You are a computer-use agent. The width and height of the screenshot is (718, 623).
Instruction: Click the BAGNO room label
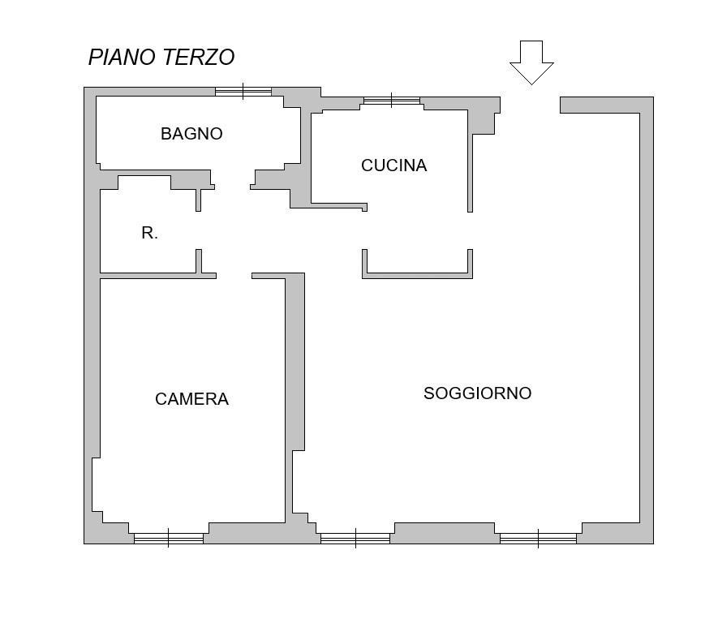click(x=191, y=134)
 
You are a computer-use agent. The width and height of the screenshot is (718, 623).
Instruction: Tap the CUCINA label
click(x=393, y=165)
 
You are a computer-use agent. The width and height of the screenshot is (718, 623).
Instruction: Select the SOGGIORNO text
click(x=477, y=393)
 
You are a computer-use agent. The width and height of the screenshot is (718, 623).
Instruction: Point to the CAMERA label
click(x=191, y=399)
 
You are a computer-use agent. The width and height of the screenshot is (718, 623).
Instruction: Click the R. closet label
click(x=149, y=233)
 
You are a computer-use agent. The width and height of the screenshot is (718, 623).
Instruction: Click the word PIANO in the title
click(x=122, y=58)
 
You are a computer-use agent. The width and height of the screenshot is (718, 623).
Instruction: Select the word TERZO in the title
click(x=198, y=58)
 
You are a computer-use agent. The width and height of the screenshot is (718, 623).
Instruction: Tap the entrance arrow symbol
click(x=531, y=62)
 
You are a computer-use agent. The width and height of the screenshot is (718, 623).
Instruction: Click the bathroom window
click(x=243, y=92)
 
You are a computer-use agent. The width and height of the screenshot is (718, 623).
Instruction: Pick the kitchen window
click(x=392, y=101)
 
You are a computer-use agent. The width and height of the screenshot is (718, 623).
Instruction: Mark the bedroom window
click(x=169, y=539)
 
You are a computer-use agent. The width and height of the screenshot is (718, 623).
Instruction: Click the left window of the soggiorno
click(x=355, y=539)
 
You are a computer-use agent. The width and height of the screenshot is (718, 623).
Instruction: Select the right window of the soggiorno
click(x=538, y=539)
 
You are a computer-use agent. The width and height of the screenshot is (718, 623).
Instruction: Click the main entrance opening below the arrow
click(x=531, y=105)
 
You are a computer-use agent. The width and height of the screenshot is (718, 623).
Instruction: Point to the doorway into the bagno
click(x=232, y=178)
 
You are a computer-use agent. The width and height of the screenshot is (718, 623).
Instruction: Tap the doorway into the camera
click(x=234, y=276)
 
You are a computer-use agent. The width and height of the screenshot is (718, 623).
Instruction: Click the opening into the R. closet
click(x=198, y=230)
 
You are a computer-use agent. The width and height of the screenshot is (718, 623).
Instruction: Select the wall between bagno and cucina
click(x=306, y=156)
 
